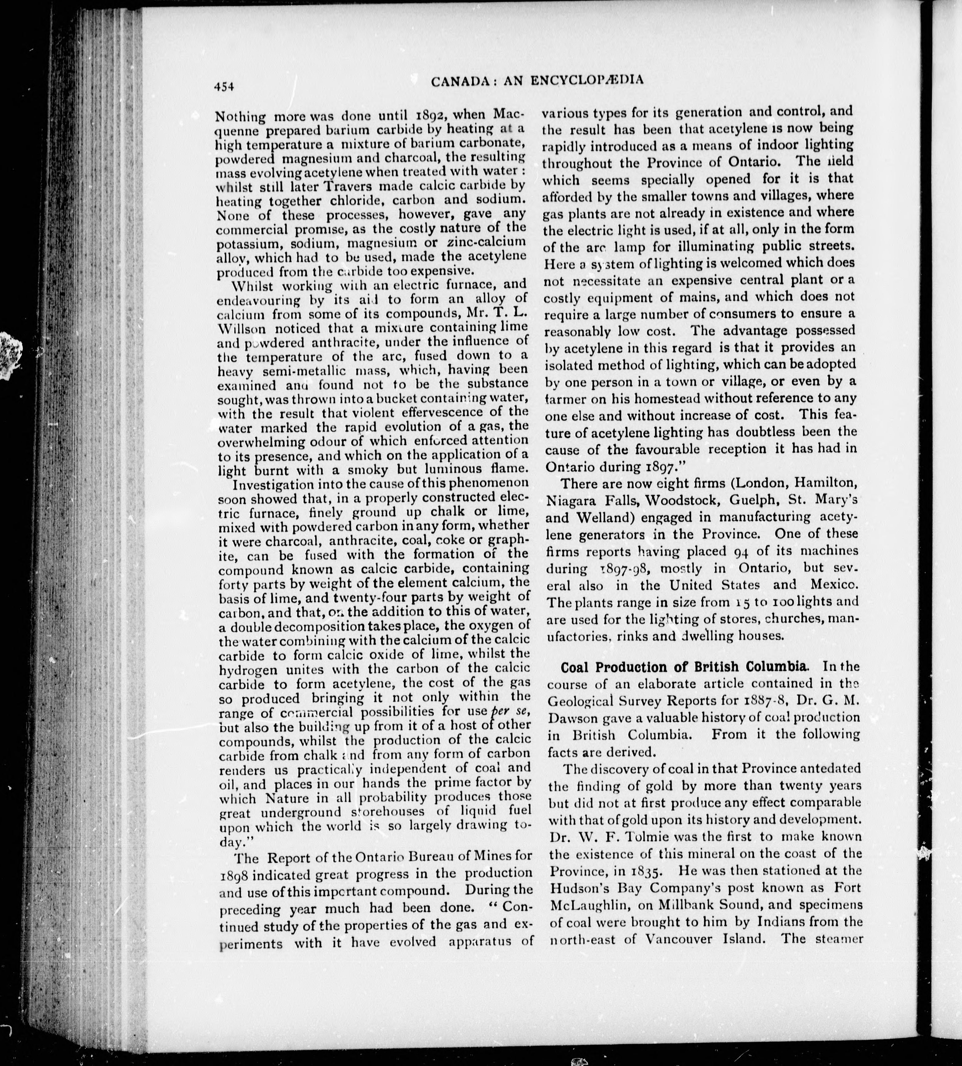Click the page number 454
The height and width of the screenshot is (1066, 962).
[224, 87]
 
